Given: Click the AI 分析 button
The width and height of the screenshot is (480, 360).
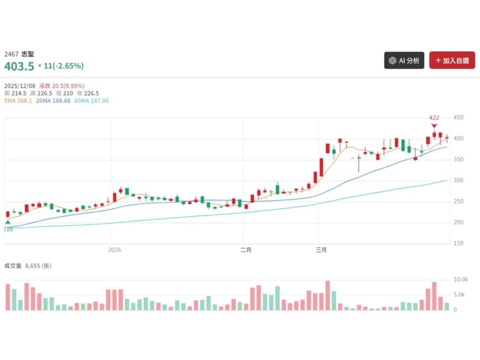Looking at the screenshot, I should pos(404,61).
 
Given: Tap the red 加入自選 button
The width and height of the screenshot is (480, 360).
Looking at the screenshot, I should pos(452,61).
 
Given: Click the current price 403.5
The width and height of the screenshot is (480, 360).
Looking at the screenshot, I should pos(19,65).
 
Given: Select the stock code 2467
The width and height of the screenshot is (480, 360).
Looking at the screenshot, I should pos(11,54).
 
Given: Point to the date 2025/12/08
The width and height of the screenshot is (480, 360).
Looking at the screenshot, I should pos(20,86).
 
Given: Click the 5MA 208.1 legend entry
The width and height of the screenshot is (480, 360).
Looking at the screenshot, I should pos(18,100).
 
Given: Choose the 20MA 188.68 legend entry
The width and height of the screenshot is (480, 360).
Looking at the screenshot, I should pos(53,100).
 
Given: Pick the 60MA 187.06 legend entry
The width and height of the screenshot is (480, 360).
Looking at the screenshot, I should pos(92,100).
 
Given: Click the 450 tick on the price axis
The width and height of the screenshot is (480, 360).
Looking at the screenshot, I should pos(458,118).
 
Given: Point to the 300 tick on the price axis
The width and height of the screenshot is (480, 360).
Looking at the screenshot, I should pos(458,181).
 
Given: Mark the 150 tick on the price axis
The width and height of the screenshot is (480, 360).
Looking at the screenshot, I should pos(458,244).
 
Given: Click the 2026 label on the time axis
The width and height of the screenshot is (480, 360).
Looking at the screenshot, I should pos(115,249).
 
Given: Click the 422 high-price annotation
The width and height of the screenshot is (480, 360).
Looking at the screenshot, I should pos(434,118).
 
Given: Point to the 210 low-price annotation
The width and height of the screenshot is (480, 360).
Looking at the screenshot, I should pos(8,228).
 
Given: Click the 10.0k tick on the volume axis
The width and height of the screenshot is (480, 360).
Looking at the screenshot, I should pos(460,280).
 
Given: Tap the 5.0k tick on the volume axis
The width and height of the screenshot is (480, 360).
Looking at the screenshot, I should pos(459,295).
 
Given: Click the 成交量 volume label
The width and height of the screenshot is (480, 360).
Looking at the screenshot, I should pos(13,265).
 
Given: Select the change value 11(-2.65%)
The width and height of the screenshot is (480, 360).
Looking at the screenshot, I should pos(63,66).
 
